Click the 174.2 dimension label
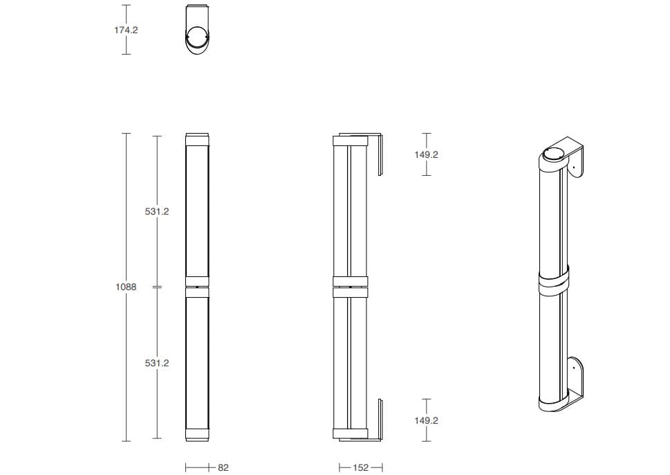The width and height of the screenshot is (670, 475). click(x=126, y=30)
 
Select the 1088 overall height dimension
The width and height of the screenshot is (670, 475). click(x=126, y=287)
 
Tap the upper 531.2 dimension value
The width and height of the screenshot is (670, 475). click(x=157, y=211)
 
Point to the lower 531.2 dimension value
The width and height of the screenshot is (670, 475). click(x=157, y=363)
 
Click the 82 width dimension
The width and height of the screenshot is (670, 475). click(x=223, y=467)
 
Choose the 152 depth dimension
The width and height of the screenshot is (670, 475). click(x=361, y=467)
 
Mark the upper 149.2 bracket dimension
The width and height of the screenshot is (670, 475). click(x=426, y=154)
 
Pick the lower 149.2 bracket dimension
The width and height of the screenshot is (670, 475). click(x=426, y=421)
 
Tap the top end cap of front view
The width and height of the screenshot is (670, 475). click(x=198, y=139)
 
